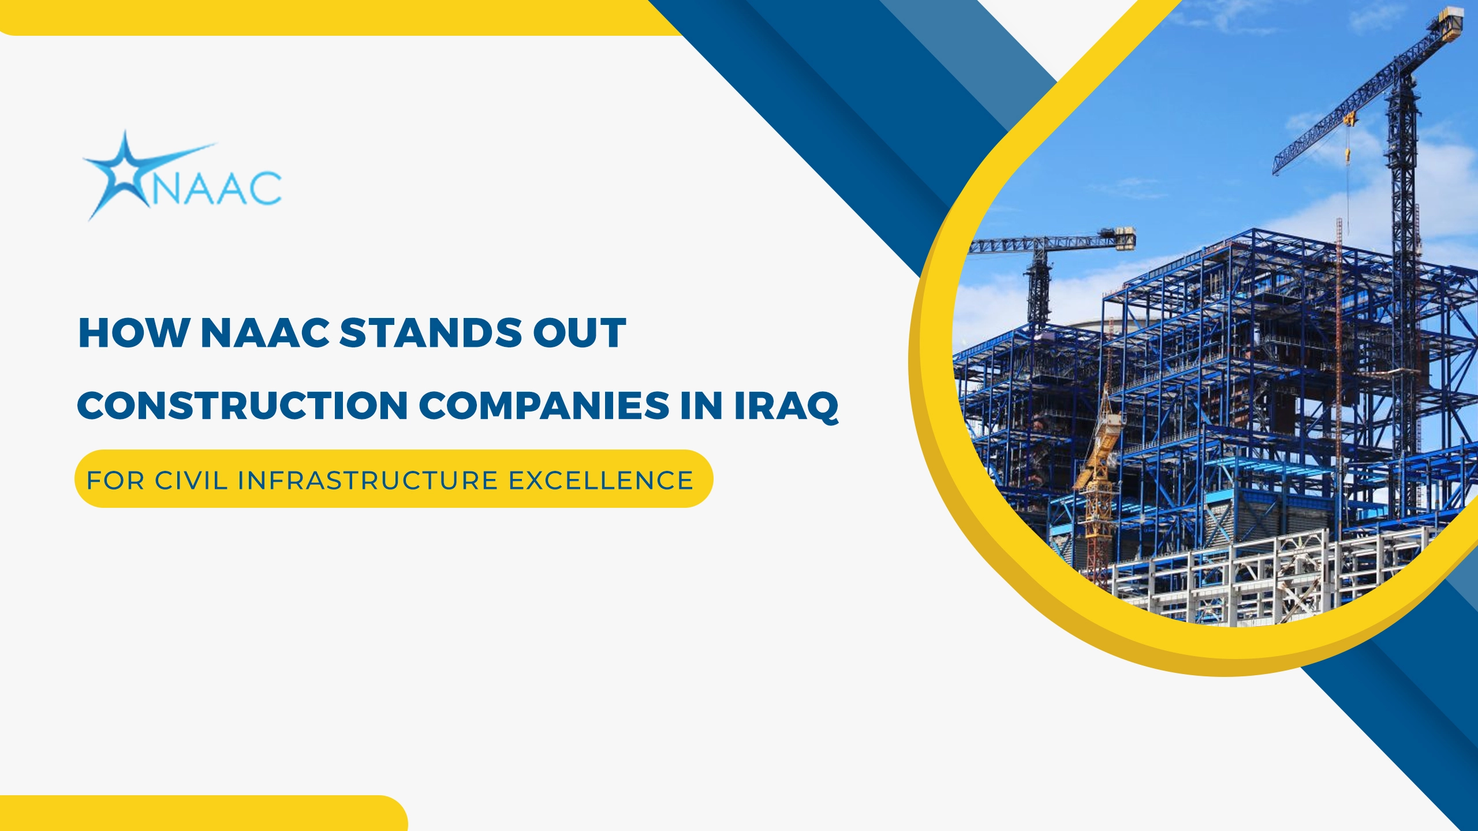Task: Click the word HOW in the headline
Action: click(x=134, y=333)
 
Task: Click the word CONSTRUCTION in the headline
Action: click(x=243, y=406)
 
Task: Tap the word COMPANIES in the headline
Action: click(x=544, y=406)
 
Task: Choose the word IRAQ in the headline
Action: click(x=786, y=407)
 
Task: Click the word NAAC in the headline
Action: click(x=265, y=333)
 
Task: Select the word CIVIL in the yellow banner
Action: click(x=191, y=481)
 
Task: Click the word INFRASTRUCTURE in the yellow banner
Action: click(x=368, y=481)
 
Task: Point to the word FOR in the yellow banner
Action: click(x=115, y=481)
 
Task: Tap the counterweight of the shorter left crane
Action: click(x=1126, y=238)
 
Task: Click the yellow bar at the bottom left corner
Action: click(x=203, y=813)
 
